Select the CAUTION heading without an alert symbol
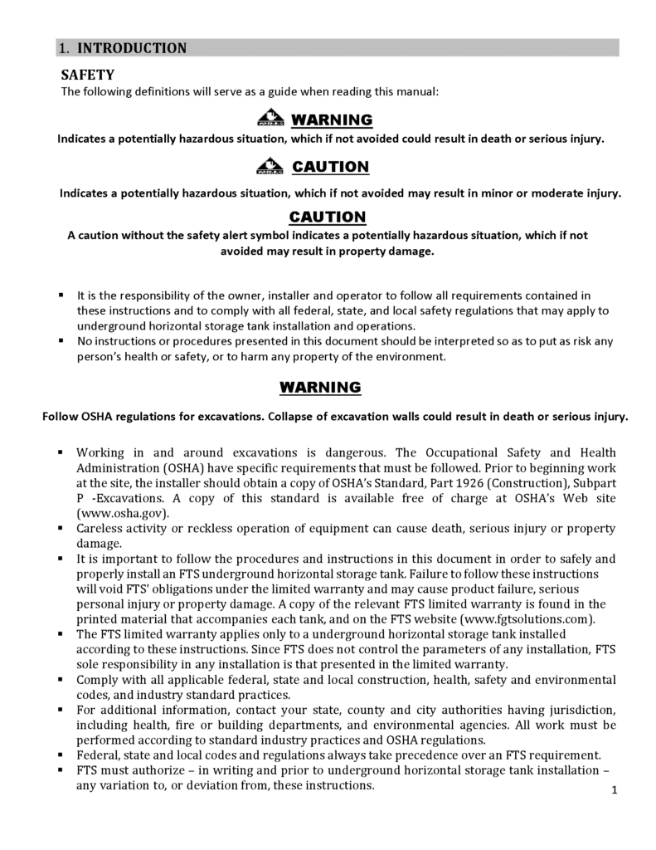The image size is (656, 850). pyautogui.click(x=327, y=217)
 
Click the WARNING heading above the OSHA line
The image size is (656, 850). pyautogui.click(x=319, y=387)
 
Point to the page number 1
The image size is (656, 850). pyautogui.click(x=615, y=789)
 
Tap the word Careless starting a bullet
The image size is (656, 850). pyautogui.click(x=102, y=528)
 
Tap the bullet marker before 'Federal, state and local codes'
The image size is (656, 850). pyautogui.click(x=61, y=755)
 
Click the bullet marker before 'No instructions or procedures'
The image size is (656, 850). pyautogui.click(x=61, y=341)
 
